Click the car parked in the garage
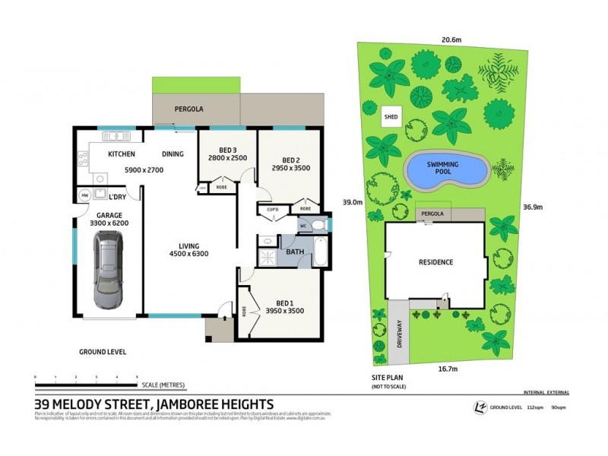click(x=109, y=270)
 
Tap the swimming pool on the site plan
click(x=445, y=169)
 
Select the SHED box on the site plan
click(x=391, y=117)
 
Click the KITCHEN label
click(x=122, y=154)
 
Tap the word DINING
click(x=173, y=154)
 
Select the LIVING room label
click(x=189, y=245)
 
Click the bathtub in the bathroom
click(x=320, y=252)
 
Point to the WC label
click(x=302, y=226)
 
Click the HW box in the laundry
click(x=84, y=195)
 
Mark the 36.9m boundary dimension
click(x=532, y=205)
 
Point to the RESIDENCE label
click(x=435, y=262)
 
